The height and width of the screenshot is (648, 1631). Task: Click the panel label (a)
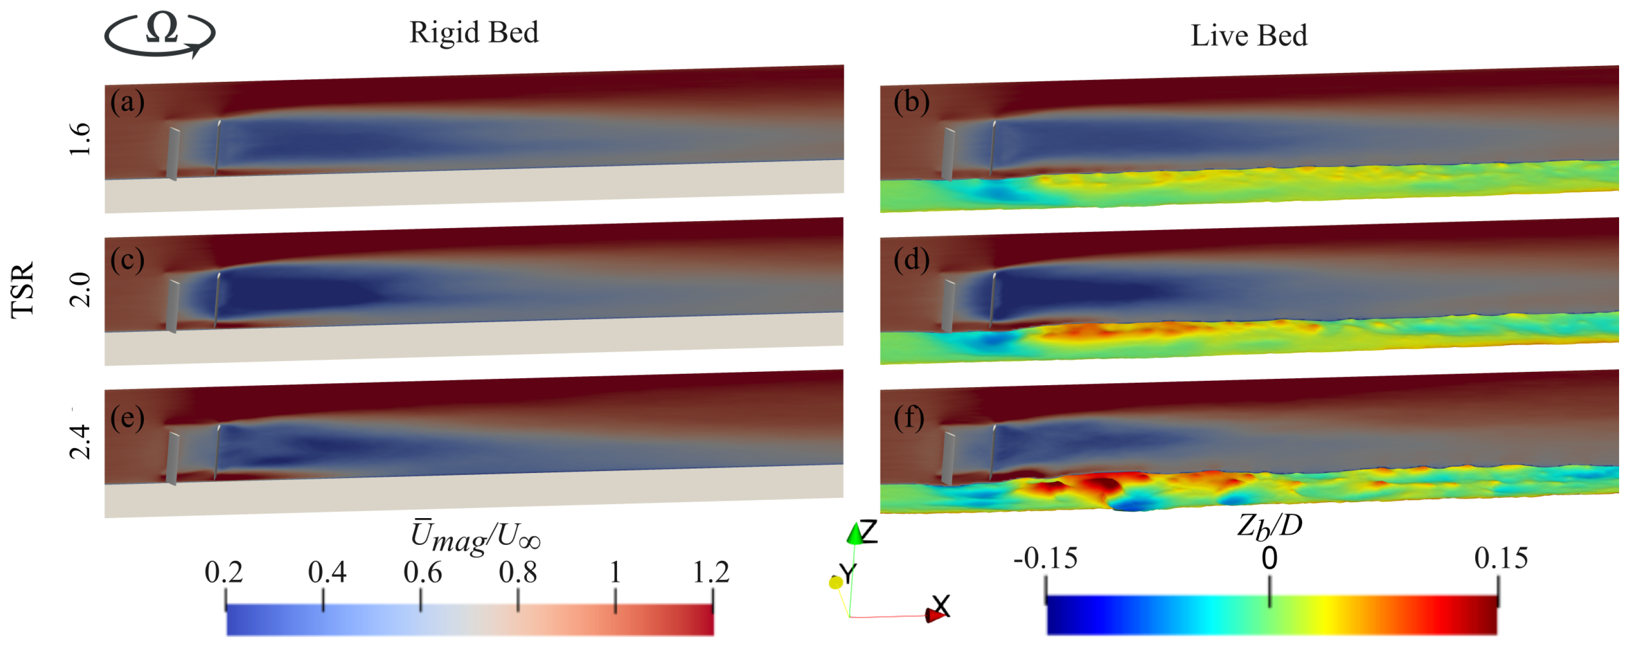pyautogui.click(x=127, y=102)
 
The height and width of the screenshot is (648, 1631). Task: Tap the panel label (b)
pyautogui.click(x=911, y=102)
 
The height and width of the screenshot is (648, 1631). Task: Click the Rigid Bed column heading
pyautogui.click(x=474, y=33)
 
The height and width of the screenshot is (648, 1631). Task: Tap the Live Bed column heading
pyautogui.click(x=1249, y=35)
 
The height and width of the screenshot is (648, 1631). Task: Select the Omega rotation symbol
pyautogui.click(x=160, y=32)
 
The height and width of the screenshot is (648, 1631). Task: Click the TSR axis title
pyautogui.click(x=23, y=290)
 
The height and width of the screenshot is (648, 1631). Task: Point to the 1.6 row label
pyautogui.click(x=80, y=139)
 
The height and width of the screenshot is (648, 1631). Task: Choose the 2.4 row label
pyautogui.click(x=80, y=441)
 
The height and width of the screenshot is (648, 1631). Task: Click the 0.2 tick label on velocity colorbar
pyautogui.click(x=224, y=572)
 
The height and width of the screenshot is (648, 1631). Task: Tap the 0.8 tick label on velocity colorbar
pyautogui.click(x=517, y=572)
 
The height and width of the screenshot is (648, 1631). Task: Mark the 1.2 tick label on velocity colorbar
pyautogui.click(x=710, y=572)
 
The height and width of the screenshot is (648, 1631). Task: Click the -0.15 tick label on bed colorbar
pyautogui.click(x=1045, y=558)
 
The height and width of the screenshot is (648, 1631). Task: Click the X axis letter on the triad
pyautogui.click(x=941, y=605)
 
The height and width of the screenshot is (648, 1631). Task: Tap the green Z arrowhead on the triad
pyautogui.click(x=855, y=535)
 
